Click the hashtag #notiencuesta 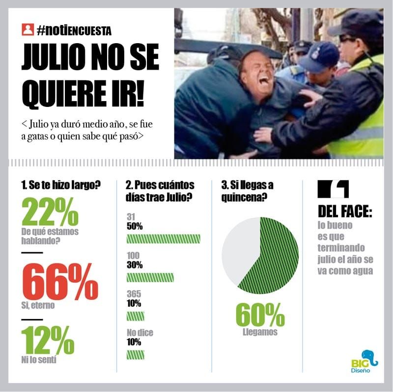74,31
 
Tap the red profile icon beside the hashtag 28,30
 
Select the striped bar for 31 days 163,239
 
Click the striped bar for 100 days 150,277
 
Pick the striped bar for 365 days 135,315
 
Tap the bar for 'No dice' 135,354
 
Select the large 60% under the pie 260,314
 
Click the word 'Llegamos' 260,333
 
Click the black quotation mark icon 334,189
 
